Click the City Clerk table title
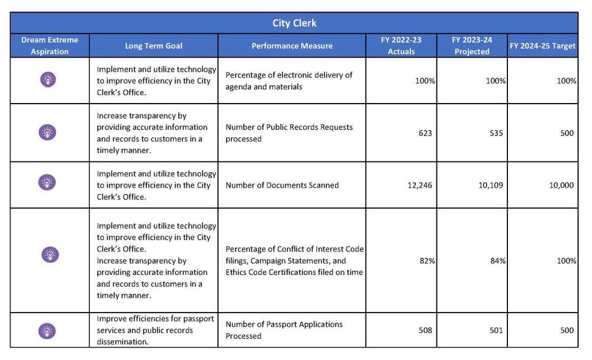294,23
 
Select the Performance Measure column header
292,46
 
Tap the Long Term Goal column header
153,46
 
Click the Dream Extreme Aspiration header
50,46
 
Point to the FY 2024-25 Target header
542,46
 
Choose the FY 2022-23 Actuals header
401,46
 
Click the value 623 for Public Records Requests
425,133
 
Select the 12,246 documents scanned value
420,185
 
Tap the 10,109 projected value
491,185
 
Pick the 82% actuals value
427,261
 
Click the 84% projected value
498,261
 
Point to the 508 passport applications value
425,330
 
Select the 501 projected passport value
496,330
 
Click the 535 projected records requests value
496,133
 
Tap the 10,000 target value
561,185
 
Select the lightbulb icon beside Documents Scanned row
47,182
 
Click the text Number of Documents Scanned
282,185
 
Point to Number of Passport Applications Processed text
284,330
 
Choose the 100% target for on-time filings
567,261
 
